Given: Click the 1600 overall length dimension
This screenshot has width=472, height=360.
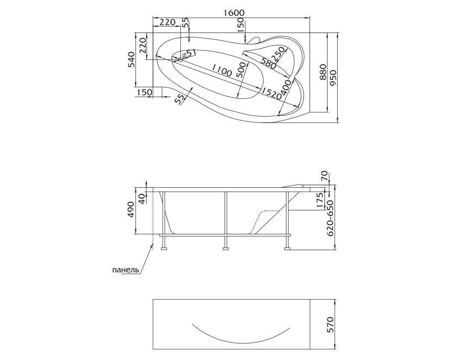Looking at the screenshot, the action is pos(234,13).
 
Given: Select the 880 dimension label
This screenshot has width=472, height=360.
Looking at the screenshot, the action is pos(323,72).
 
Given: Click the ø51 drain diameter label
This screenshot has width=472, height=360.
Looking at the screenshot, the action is pos(190,53).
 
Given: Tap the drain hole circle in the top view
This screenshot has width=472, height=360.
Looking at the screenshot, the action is pos(180,59).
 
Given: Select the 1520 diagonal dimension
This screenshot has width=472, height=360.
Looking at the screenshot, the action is pos(271,94).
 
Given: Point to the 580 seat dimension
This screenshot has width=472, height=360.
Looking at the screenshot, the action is pos(268,63).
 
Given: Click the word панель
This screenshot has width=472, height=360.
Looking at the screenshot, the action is pos(126,270).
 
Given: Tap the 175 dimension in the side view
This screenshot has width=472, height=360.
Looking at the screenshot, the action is pos(320,200).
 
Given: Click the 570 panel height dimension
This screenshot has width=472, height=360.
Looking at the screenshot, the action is pos(330,325).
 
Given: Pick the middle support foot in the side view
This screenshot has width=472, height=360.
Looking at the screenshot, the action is pos(225,248).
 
